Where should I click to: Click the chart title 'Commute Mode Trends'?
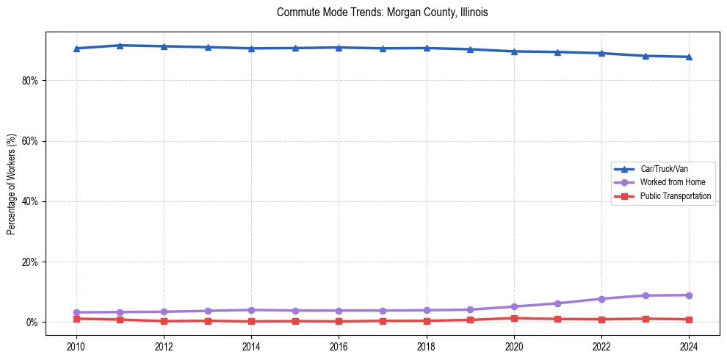coord(382,12)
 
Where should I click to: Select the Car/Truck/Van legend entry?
coord(664,169)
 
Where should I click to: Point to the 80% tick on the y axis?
coord(29,80)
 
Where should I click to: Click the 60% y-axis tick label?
coord(29,141)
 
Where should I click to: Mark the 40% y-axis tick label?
coord(29,201)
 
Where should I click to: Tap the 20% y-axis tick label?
coord(29,262)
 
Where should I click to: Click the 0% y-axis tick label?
coord(32,323)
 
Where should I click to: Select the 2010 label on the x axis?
coord(76,346)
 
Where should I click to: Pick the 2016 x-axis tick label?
coord(339,346)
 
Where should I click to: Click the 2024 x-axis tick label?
coord(689,346)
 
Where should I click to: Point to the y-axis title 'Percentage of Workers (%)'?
coord(12,184)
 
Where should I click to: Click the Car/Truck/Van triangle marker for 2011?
coord(120,46)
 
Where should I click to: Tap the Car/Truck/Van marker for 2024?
coord(689,57)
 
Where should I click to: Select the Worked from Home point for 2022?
coord(601,299)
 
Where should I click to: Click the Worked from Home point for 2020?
coord(514,306)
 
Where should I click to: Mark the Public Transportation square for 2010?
coord(76,319)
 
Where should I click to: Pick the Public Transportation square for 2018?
coord(427,320)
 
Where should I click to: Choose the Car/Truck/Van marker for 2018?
coord(427,48)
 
